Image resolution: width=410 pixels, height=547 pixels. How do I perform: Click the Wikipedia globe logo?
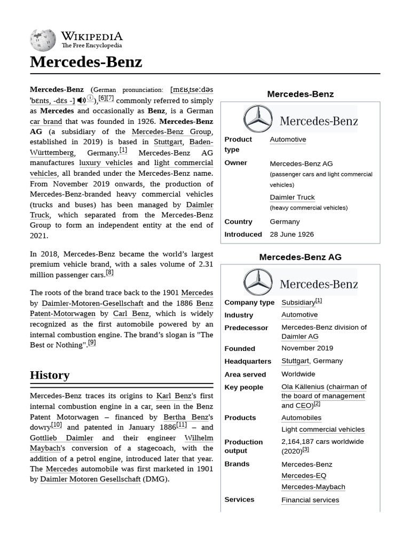(x=43, y=40)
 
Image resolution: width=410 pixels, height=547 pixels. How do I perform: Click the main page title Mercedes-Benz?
(x=86, y=62)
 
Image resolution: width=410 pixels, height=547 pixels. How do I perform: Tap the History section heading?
(x=50, y=375)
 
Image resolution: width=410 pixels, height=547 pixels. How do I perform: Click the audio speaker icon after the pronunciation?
(x=81, y=100)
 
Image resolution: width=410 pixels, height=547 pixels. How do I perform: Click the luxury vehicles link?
(x=106, y=163)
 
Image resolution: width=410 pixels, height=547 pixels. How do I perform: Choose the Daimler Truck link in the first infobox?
(x=292, y=197)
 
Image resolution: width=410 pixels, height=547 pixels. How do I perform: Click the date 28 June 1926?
(x=291, y=234)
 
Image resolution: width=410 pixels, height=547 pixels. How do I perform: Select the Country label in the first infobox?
(x=238, y=222)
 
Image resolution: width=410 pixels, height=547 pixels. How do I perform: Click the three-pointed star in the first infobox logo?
(x=258, y=119)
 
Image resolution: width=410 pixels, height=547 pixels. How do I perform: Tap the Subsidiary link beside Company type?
(x=298, y=302)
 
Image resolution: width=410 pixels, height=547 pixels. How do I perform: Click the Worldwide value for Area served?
(x=298, y=374)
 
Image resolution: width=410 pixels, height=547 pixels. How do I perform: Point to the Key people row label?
(x=243, y=387)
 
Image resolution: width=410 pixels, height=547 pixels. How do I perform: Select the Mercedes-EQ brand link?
(x=304, y=475)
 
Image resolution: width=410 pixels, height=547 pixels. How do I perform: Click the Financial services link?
(x=310, y=500)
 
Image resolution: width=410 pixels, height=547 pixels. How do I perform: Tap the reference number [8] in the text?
(x=109, y=272)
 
